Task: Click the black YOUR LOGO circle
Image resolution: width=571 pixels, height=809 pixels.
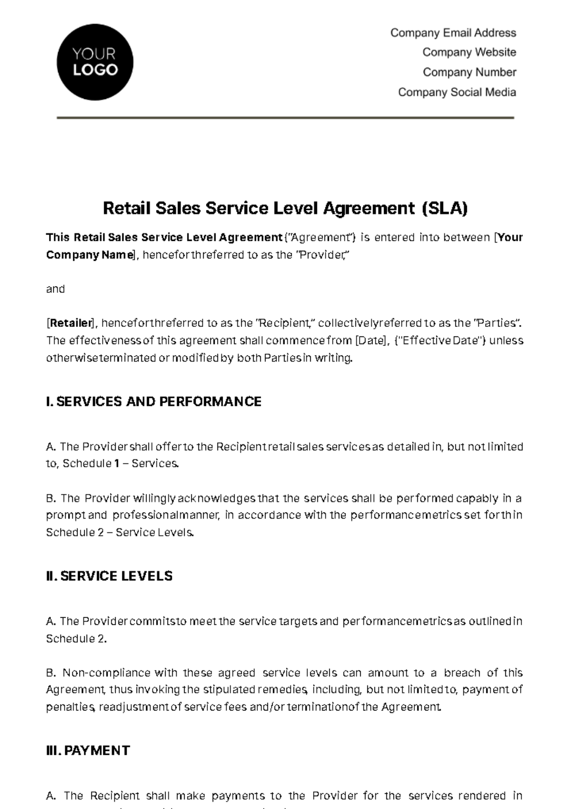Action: pyautogui.click(x=95, y=62)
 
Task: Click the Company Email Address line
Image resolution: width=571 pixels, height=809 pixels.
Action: pyautogui.click(x=453, y=33)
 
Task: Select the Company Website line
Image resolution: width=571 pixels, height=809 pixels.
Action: pyautogui.click(x=469, y=52)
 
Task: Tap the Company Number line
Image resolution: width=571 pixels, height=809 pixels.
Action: pyautogui.click(x=469, y=72)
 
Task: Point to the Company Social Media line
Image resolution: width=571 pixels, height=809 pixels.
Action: pyautogui.click(x=457, y=92)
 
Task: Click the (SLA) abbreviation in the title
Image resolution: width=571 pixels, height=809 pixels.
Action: pyautogui.click(x=445, y=208)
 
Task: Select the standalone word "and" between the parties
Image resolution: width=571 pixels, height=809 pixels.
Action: pyautogui.click(x=55, y=289)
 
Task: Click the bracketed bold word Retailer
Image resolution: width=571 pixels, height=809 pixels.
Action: pyautogui.click(x=71, y=323)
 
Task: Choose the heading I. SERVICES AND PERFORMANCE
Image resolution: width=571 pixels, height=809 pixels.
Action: pyautogui.click(x=154, y=402)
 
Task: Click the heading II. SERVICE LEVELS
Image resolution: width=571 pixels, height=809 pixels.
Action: pyautogui.click(x=109, y=576)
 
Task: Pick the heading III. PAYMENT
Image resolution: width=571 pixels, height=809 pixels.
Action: pyautogui.click(x=88, y=750)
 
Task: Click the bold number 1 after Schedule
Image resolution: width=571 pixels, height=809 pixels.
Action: pyautogui.click(x=117, y=464)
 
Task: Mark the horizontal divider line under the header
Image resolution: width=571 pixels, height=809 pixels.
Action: pyautogui.click(x=285, y=118)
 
